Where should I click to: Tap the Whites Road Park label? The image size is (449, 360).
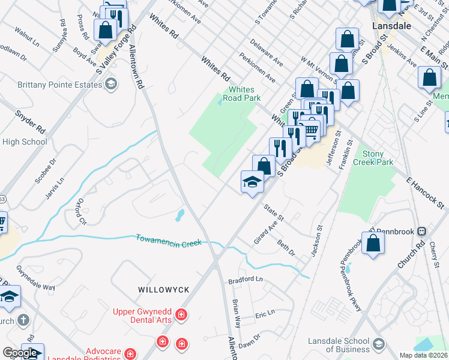point(241,93)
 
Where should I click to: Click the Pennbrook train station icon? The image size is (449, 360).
point(422,231)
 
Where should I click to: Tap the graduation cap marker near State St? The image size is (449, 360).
point(253,182)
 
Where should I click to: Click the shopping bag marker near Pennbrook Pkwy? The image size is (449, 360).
point(373,244)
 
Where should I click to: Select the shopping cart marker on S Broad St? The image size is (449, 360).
point(311,129)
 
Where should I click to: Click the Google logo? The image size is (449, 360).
point(20,353)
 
